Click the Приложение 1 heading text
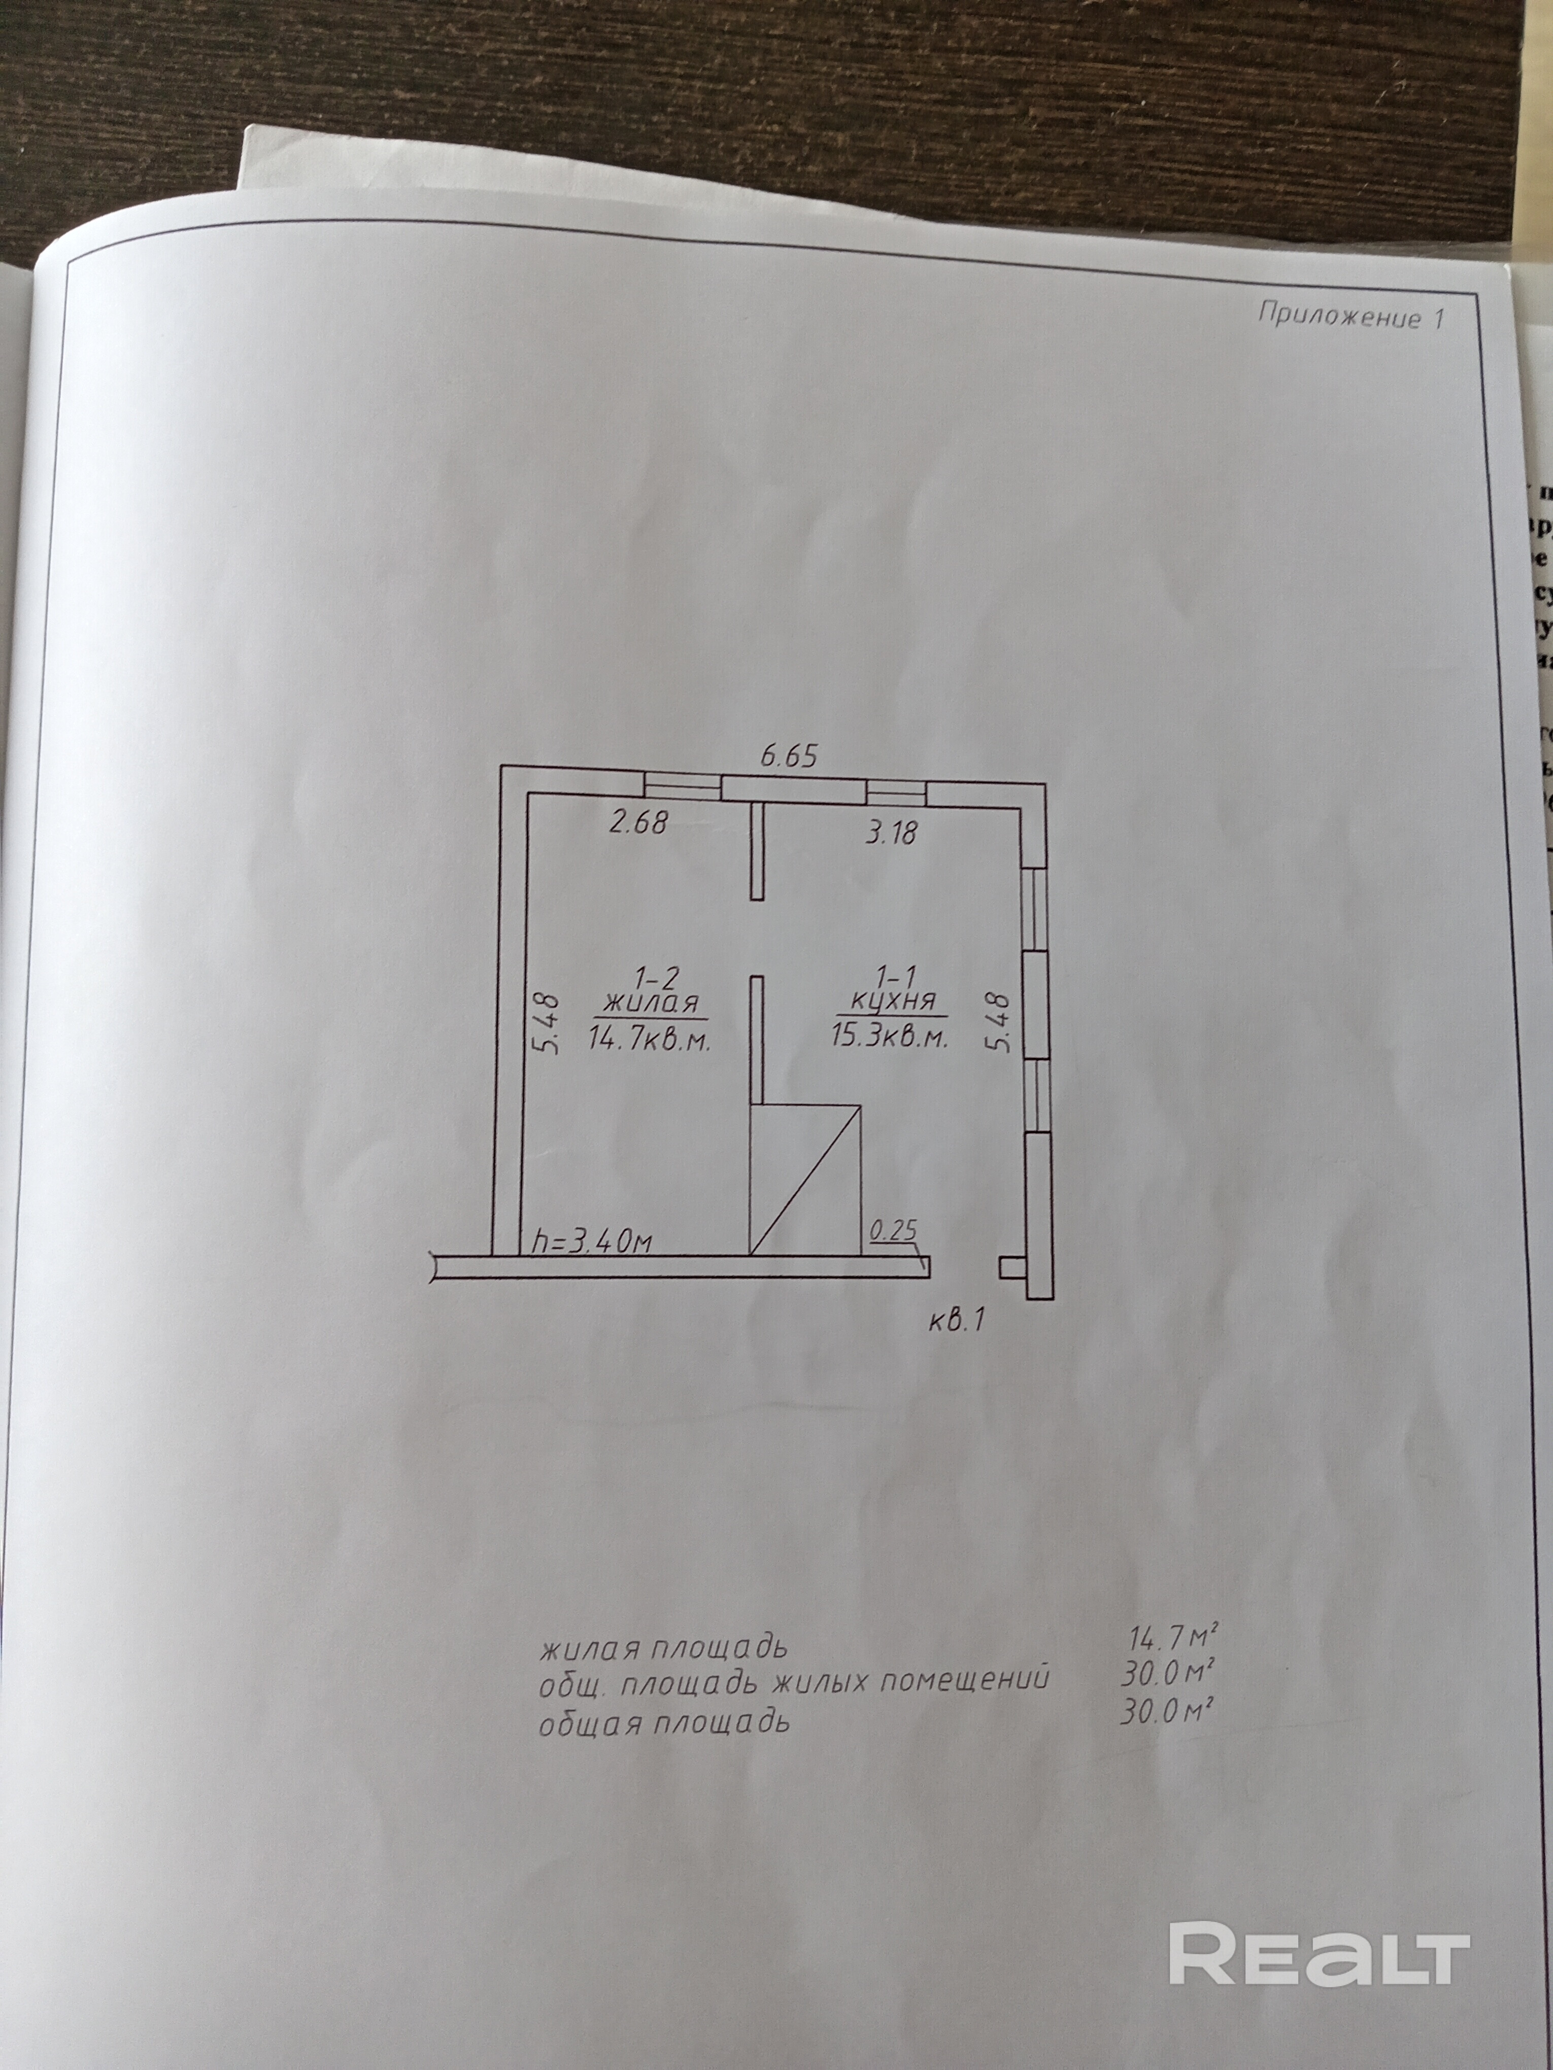pos(1351,316)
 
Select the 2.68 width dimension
pos(638,822)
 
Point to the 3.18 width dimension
pos(890,832)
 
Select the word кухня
pos(893,1002)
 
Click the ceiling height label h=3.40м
pos(591,1242)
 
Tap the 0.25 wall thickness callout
pos(893,1230)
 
